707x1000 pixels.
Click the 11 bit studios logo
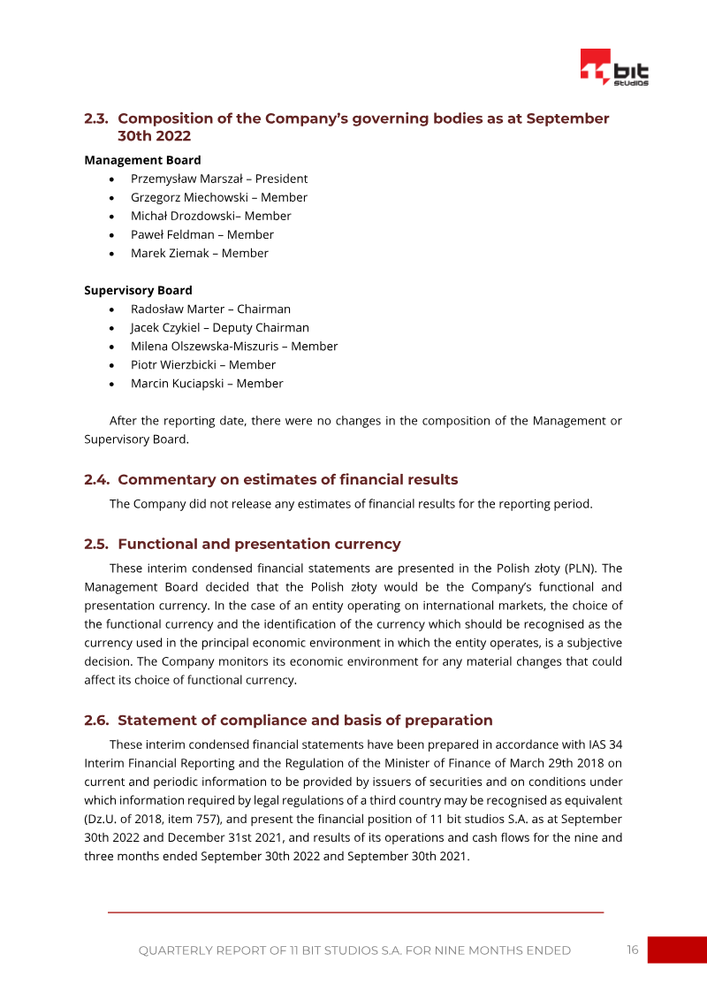click(614, 67)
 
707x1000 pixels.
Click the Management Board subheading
click(142, 160)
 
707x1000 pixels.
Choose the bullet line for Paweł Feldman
click(201, 234)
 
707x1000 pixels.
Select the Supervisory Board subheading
click(138, 290)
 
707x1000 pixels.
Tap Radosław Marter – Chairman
click(210, 309)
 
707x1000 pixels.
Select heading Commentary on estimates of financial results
click(287, 480)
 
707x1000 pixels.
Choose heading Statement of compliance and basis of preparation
click(305, 721)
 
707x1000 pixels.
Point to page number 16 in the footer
click(632, 950)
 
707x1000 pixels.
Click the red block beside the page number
click(677, 950)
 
